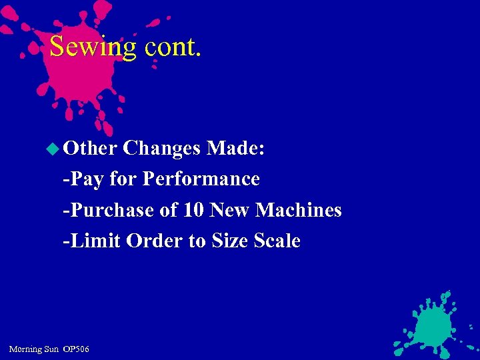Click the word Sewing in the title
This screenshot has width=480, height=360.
point(93,48)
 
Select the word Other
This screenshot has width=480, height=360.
point(91,148)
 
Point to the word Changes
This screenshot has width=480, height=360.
point(162,148)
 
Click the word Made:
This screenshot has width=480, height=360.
point(236,148)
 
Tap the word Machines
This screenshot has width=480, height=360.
point(299,210)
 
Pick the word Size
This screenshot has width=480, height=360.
point(230,241)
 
